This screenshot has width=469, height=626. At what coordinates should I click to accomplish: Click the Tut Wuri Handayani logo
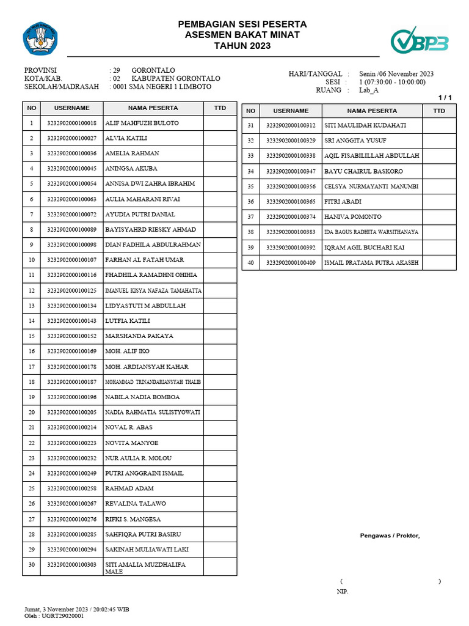[x=39, y=38]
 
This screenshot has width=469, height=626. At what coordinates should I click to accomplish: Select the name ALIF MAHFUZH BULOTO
[x=142, y=123]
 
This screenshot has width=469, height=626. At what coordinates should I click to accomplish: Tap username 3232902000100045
[x=72, y=169]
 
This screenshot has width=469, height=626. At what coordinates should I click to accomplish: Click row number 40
[x=250, y=263]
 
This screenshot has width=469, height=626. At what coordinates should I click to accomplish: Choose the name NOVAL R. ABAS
[x=129, y=427]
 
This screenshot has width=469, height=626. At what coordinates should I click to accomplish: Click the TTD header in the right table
[x=438, y=111]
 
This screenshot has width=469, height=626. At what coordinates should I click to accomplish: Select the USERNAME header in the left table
[x=72, y=108]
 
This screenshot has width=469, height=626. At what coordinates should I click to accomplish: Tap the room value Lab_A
[x=369, y=90]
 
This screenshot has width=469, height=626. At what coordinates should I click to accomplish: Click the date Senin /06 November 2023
[x=396, y=74]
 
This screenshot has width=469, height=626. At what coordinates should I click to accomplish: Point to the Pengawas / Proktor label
[x=390, y=536]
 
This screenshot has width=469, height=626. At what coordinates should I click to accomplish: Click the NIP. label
[x=343, y=592]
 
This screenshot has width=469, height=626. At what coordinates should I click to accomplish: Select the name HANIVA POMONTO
[x=353, y=217]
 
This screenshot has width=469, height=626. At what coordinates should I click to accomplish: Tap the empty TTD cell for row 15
[x=220, y=336]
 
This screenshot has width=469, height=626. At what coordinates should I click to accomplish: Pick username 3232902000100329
[x=291, y=141]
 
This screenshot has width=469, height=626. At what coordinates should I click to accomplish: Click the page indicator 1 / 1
[x=445, y=98]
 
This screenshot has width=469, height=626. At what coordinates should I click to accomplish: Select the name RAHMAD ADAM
[x=129, y=488]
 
